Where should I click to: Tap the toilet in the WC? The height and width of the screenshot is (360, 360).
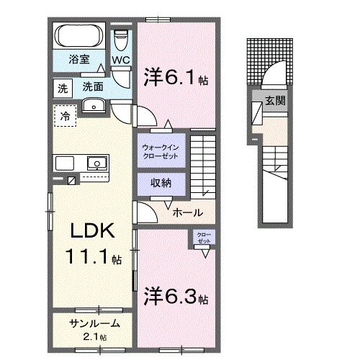click(121, 37)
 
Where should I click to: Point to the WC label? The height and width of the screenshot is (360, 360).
click(120, 61)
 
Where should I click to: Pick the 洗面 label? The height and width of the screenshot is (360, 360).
click(92, 86)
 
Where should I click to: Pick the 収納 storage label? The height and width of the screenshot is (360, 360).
click(161, 183)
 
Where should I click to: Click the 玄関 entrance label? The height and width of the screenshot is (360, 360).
click(273, 101)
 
